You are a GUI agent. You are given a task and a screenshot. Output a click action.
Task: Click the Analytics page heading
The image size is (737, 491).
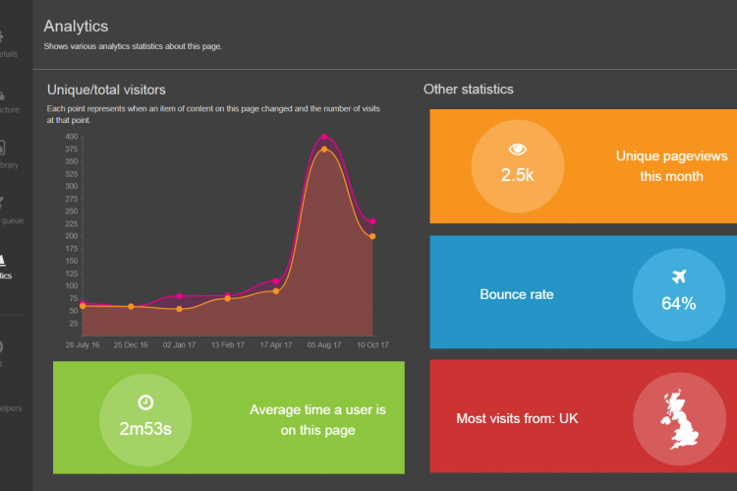click(76, 27)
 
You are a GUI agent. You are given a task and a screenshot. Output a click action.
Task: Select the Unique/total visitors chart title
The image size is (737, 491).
click(106, 91)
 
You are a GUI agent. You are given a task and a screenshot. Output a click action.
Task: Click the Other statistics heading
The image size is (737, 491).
click(468, 90)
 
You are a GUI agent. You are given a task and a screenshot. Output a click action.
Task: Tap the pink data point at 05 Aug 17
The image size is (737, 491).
click(324, 137)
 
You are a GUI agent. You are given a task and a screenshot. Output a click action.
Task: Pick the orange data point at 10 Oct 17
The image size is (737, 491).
click(372, 236)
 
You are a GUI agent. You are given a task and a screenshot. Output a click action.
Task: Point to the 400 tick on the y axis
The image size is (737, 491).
click(72, 137)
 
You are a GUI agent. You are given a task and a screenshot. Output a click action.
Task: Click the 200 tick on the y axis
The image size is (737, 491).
click(72, 236)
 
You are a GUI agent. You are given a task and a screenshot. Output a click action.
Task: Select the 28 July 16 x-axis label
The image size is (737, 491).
click(83, 345)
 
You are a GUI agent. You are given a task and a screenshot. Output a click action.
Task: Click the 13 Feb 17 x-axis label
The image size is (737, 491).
click(227, 345)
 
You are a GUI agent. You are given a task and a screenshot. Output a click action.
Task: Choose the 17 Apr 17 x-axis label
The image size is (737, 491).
click(276, 345)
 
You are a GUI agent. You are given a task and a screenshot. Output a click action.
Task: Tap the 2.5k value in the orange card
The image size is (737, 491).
click(517, 175)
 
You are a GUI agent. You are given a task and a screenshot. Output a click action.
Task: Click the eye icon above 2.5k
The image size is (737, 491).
click(517, 150)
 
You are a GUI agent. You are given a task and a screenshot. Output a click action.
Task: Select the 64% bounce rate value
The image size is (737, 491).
click(678, 303)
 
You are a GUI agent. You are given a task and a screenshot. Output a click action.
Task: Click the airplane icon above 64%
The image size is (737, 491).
click(678, 276)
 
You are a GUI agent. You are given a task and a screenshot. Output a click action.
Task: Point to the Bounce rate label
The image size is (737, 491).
click(516, 294)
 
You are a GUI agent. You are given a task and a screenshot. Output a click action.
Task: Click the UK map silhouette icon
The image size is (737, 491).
click(678, 418)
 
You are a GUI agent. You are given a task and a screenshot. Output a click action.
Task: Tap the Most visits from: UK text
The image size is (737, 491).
click(517, 418)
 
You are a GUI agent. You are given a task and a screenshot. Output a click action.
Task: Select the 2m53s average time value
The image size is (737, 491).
click(145, 429)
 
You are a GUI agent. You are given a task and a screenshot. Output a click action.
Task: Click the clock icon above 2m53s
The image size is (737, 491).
click(145, 401)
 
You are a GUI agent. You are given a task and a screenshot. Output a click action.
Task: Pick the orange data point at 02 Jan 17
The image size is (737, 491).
click(179, 309)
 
